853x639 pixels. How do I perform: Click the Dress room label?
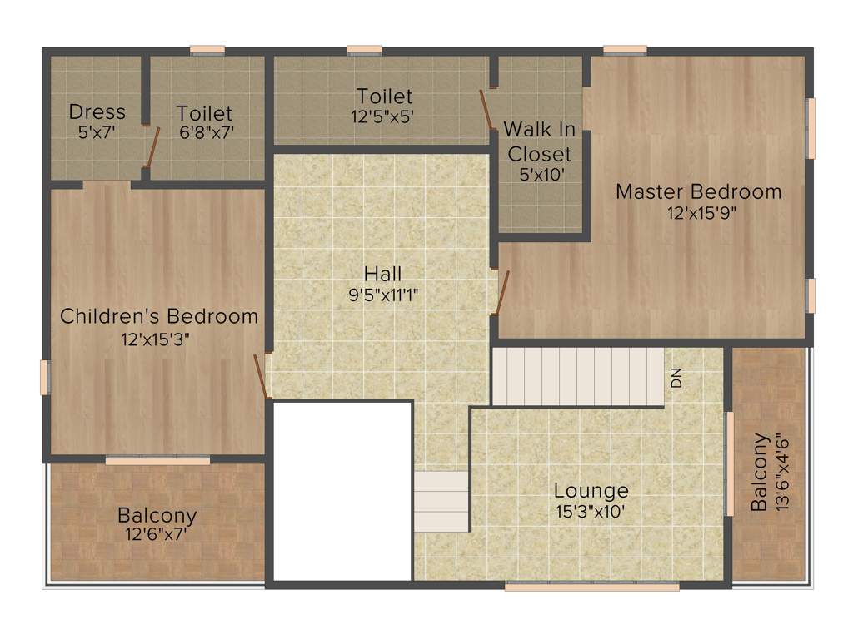(97, 111)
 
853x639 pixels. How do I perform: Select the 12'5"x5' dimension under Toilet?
(383, 117)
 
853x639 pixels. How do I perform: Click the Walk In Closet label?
(540, 141)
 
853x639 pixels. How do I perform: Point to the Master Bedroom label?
(698, 191)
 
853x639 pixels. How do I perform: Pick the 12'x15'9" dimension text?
(701, 212)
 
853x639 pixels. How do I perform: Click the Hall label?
(382, 274)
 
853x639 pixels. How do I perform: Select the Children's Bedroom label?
(159, 316)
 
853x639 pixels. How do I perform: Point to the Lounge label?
(591, 490)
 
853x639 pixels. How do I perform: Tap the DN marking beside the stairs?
(676, 376)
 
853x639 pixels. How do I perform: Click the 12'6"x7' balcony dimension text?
(157, 534)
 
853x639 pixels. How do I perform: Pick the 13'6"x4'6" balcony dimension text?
(781, 472)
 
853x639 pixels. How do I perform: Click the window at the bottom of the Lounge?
(591, 586)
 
